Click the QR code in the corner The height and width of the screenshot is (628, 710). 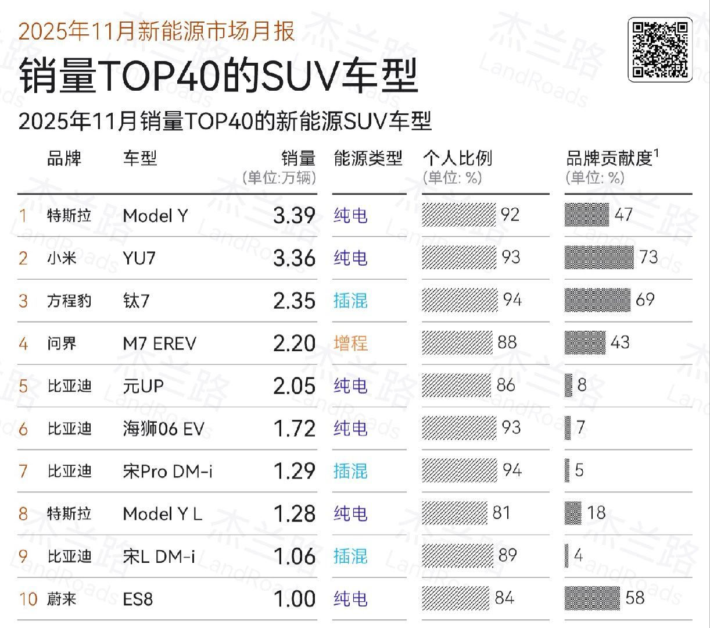[x=660, y=49]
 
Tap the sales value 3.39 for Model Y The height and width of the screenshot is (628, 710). [x=294, y=216]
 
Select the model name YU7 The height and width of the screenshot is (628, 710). [x=139, y=258]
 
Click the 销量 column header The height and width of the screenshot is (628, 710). [x=298, y=158]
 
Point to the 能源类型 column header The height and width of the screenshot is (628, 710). [x=368, y=158]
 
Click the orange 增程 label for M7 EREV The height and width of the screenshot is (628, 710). [x=350, y=343]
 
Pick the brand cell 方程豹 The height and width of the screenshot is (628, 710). [x=69, y=301]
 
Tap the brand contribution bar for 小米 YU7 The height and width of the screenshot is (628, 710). [x=599, y=258]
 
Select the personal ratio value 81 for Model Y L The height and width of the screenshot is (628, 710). [x=501, y=513]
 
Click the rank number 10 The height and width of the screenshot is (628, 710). [x=28, y=599]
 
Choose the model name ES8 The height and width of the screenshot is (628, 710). [x=138, y=599]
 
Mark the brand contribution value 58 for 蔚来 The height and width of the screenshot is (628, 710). [x=634, y=598]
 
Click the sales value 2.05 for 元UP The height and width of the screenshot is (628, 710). [x=294, y=386]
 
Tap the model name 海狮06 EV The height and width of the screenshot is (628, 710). [x=163, y=429]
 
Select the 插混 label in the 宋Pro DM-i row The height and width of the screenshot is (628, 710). [x=350, y=471]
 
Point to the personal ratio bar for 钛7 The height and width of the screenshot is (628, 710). [x=460, y=300]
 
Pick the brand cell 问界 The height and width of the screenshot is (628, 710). [x=62, y=343]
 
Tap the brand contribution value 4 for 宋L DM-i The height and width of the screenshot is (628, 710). [x=578, y=555]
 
